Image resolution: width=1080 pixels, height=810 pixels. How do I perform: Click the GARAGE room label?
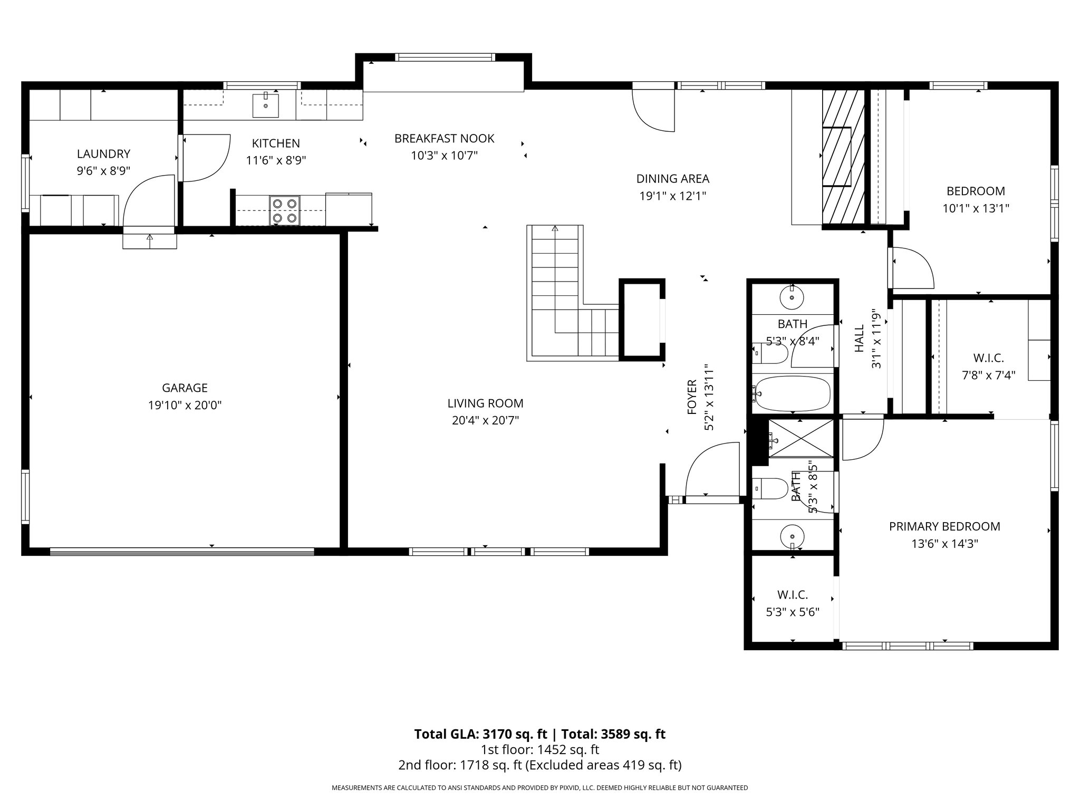(185, 388)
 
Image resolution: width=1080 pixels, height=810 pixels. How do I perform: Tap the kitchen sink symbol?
(266, 104)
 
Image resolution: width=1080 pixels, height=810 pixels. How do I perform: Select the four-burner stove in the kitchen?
(285, 210)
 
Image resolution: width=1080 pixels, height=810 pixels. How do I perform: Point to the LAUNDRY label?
(103, 154)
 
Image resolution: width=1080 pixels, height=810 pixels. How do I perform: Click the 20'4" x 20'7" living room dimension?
(485, 421)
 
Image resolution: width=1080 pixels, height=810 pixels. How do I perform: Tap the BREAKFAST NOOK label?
(445, 139)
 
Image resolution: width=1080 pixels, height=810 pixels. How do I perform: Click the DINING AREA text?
(673, 179)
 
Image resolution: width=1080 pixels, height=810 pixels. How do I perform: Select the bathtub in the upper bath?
(792, 393)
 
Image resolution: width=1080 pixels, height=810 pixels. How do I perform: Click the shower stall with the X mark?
(801, 438)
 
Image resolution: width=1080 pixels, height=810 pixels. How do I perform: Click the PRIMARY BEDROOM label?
(944, 526)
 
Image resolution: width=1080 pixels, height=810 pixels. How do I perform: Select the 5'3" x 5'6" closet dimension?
(793, 612)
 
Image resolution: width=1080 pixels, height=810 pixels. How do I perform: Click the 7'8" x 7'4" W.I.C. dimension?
(989, 375)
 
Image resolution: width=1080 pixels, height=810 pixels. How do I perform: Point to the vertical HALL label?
(860, 339)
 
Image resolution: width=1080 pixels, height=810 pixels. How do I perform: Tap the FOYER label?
(692, 397)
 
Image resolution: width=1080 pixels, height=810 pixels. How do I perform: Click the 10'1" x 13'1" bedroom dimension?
(976, 208)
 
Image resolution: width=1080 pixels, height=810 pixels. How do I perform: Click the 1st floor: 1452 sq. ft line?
(539, 749)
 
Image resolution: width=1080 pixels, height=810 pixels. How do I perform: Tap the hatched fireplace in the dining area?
(844, 157)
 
